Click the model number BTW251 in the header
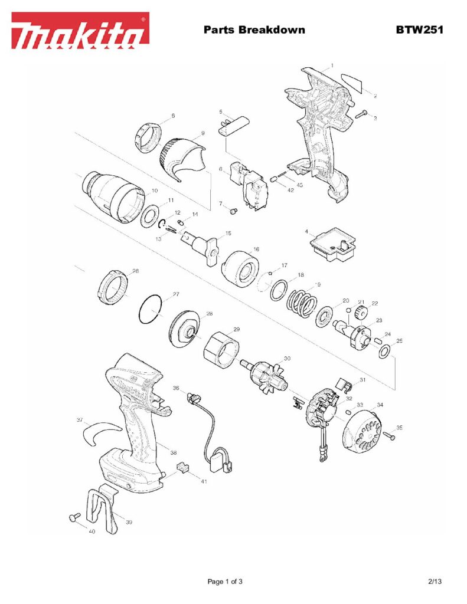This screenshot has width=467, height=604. click(x=419, y=30)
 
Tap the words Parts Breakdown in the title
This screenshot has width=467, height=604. click(x=254, y=30)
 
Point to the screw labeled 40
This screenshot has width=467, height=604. click(x=74, y=517)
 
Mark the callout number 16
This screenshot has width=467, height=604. click(x=256, y=249)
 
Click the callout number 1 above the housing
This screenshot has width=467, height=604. click(x=332, y=65)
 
